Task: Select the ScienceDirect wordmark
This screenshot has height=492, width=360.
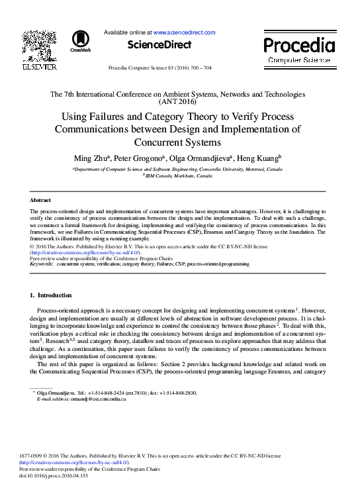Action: click(x=159, y=45)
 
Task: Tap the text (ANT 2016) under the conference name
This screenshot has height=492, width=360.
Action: click(x=178, y=102)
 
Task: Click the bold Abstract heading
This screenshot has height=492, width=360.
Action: click(x=41, y=199)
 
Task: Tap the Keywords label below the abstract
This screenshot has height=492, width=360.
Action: click(x=41, y=264)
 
